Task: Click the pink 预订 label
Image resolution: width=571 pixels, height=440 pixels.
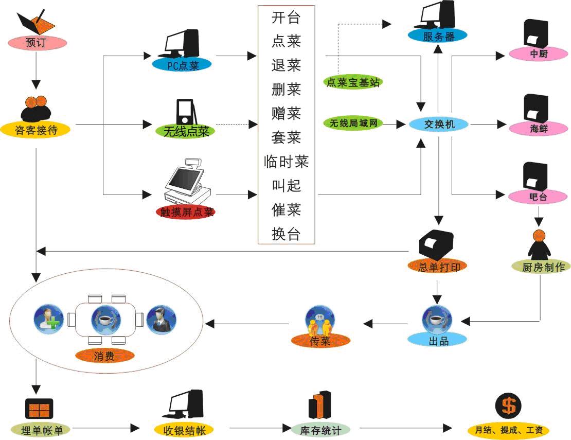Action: pos(37,43)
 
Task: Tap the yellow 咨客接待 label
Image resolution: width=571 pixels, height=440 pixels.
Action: pos(35,130)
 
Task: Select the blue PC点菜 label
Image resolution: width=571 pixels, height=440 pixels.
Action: pos(182,65)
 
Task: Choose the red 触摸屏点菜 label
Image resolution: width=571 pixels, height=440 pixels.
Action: pos(186,212)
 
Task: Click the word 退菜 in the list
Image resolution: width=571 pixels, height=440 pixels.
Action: pos(286,65)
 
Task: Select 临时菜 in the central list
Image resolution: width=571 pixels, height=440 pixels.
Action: pos(286,162)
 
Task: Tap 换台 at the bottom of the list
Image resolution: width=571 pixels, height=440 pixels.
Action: pos(286,234)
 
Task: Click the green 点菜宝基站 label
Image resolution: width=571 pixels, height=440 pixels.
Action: pos(352,82)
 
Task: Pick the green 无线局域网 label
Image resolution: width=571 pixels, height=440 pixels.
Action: pos(353,124)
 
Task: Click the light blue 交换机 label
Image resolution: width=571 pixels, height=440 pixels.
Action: pos(439,124)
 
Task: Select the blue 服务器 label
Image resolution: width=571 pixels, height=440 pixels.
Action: pos(438,36)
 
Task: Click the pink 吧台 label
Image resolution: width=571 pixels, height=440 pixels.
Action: pos(538,197)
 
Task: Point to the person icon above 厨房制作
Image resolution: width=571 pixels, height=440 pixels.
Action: pos(539,244)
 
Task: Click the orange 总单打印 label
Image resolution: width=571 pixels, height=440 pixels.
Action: pos(438,267)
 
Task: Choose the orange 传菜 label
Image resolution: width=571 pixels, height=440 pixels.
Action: pos(320,341)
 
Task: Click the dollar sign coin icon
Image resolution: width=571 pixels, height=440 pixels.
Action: pos(508,406)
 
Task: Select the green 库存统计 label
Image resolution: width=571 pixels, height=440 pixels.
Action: pos(320,431)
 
